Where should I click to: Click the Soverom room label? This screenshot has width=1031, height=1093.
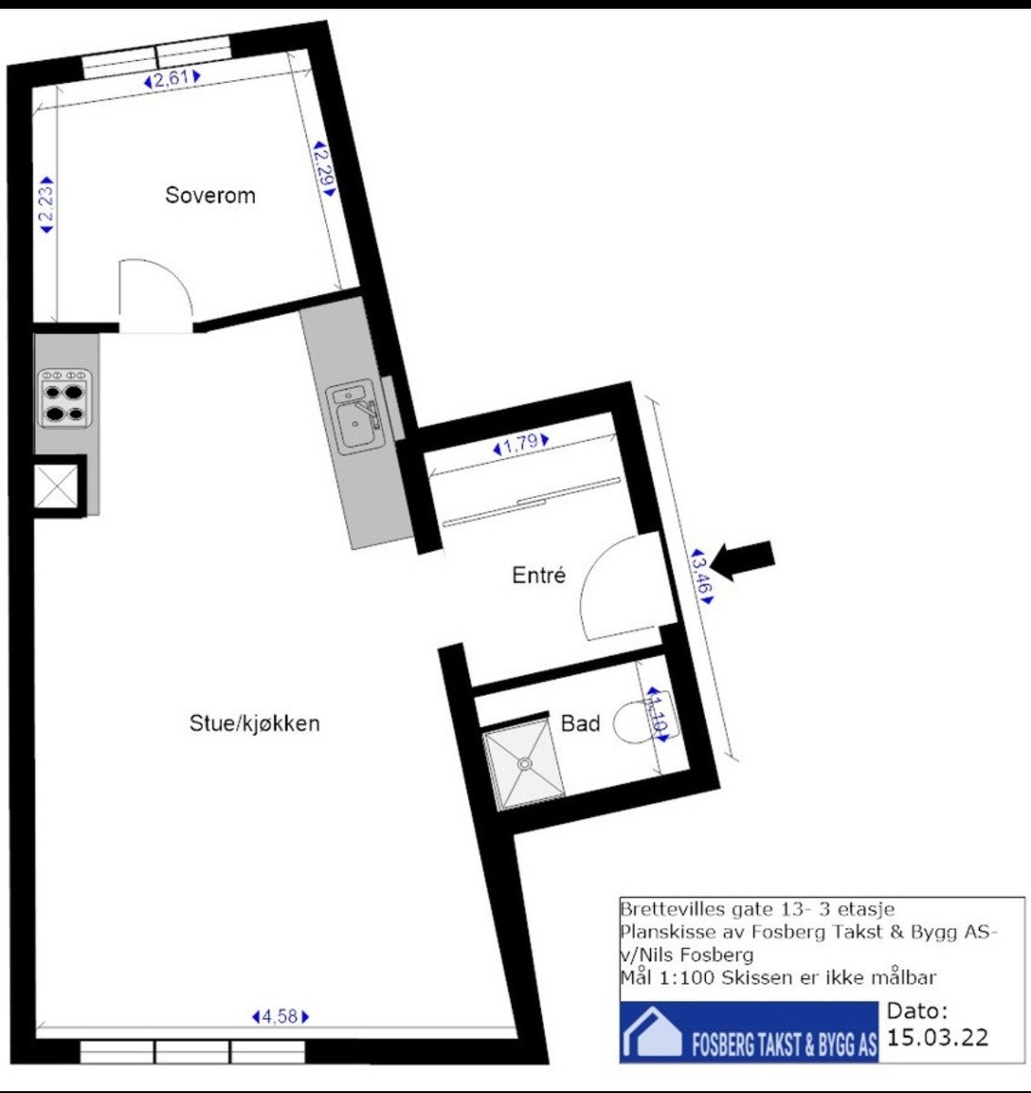point(210,195)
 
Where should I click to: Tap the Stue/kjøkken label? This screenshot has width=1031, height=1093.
point(255,723)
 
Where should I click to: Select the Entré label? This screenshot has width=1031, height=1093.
point(539,576)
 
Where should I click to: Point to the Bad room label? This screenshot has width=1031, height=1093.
point(580,723)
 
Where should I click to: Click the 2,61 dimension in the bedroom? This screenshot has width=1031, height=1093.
point(171,79)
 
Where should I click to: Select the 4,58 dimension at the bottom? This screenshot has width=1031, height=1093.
point(281,1016)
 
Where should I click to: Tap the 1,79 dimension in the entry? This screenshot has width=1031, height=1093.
point(521,445)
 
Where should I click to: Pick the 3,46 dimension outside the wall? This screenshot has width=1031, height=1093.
point(703,575)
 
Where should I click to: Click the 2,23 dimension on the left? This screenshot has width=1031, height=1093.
point(46,205)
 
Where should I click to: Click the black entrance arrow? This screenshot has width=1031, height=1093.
point(742,559)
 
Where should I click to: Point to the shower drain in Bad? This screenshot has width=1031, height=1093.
point(524,763)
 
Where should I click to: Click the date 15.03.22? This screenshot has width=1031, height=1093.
point(937,1037)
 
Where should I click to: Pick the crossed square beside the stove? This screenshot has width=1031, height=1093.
point(57,487)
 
